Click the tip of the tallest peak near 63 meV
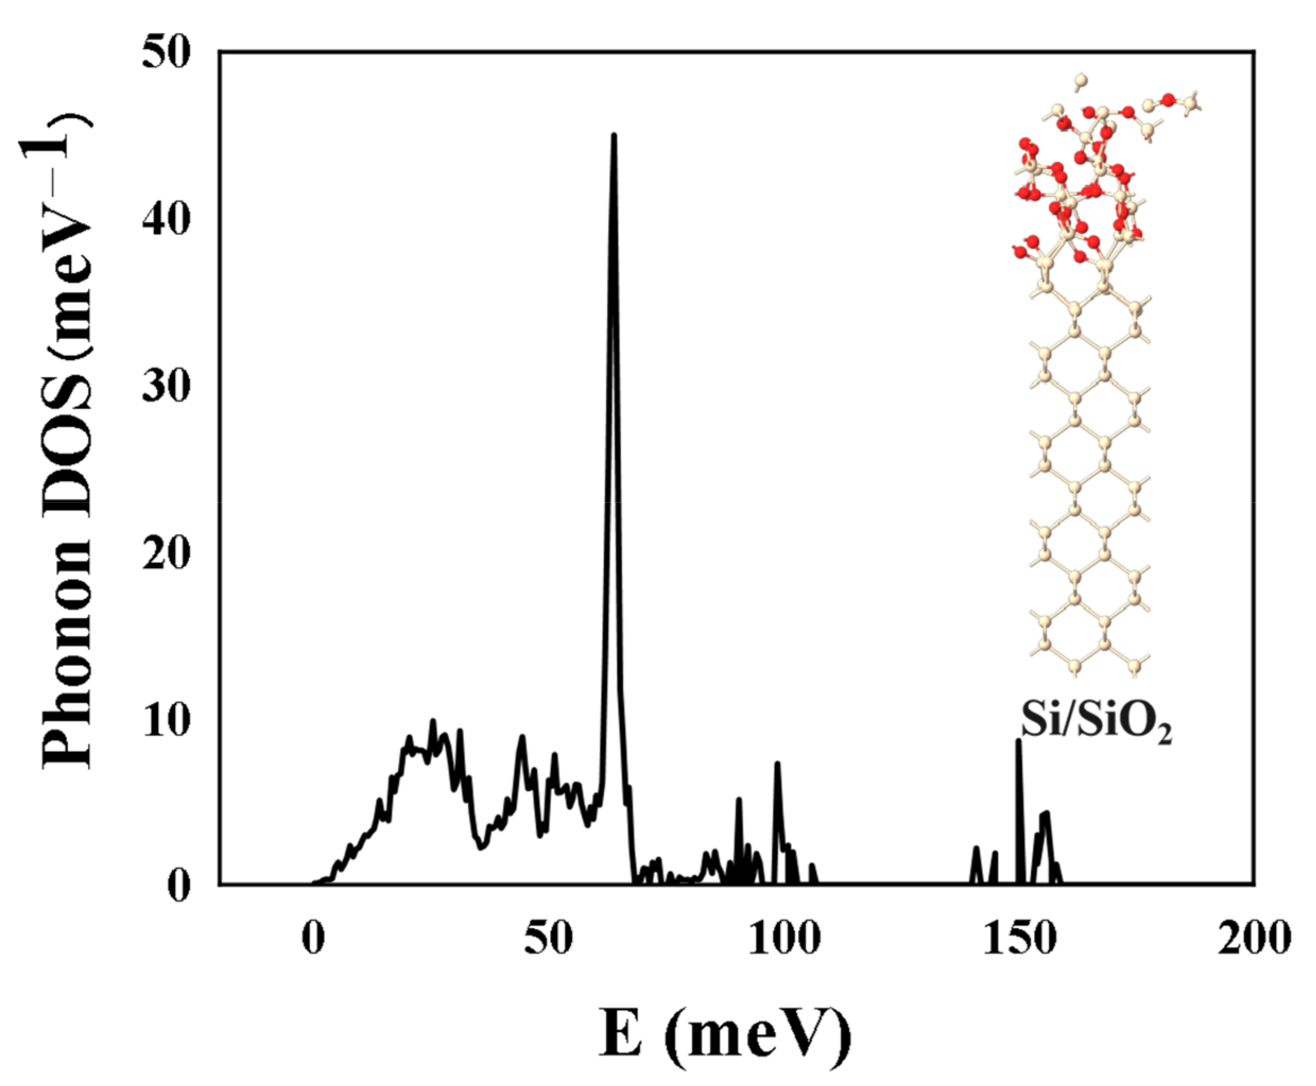click(614, 136)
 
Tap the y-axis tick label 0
click(179, 887)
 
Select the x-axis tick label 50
click(548, 938)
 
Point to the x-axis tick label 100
click(783, 938)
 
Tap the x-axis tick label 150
click(1019, 938)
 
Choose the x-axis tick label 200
click(1253, 938)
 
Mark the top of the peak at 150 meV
click(1019, 742)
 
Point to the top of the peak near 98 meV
click(777, 764)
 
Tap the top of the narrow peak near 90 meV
click(739, 799)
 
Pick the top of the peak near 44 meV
click(522, 737)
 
